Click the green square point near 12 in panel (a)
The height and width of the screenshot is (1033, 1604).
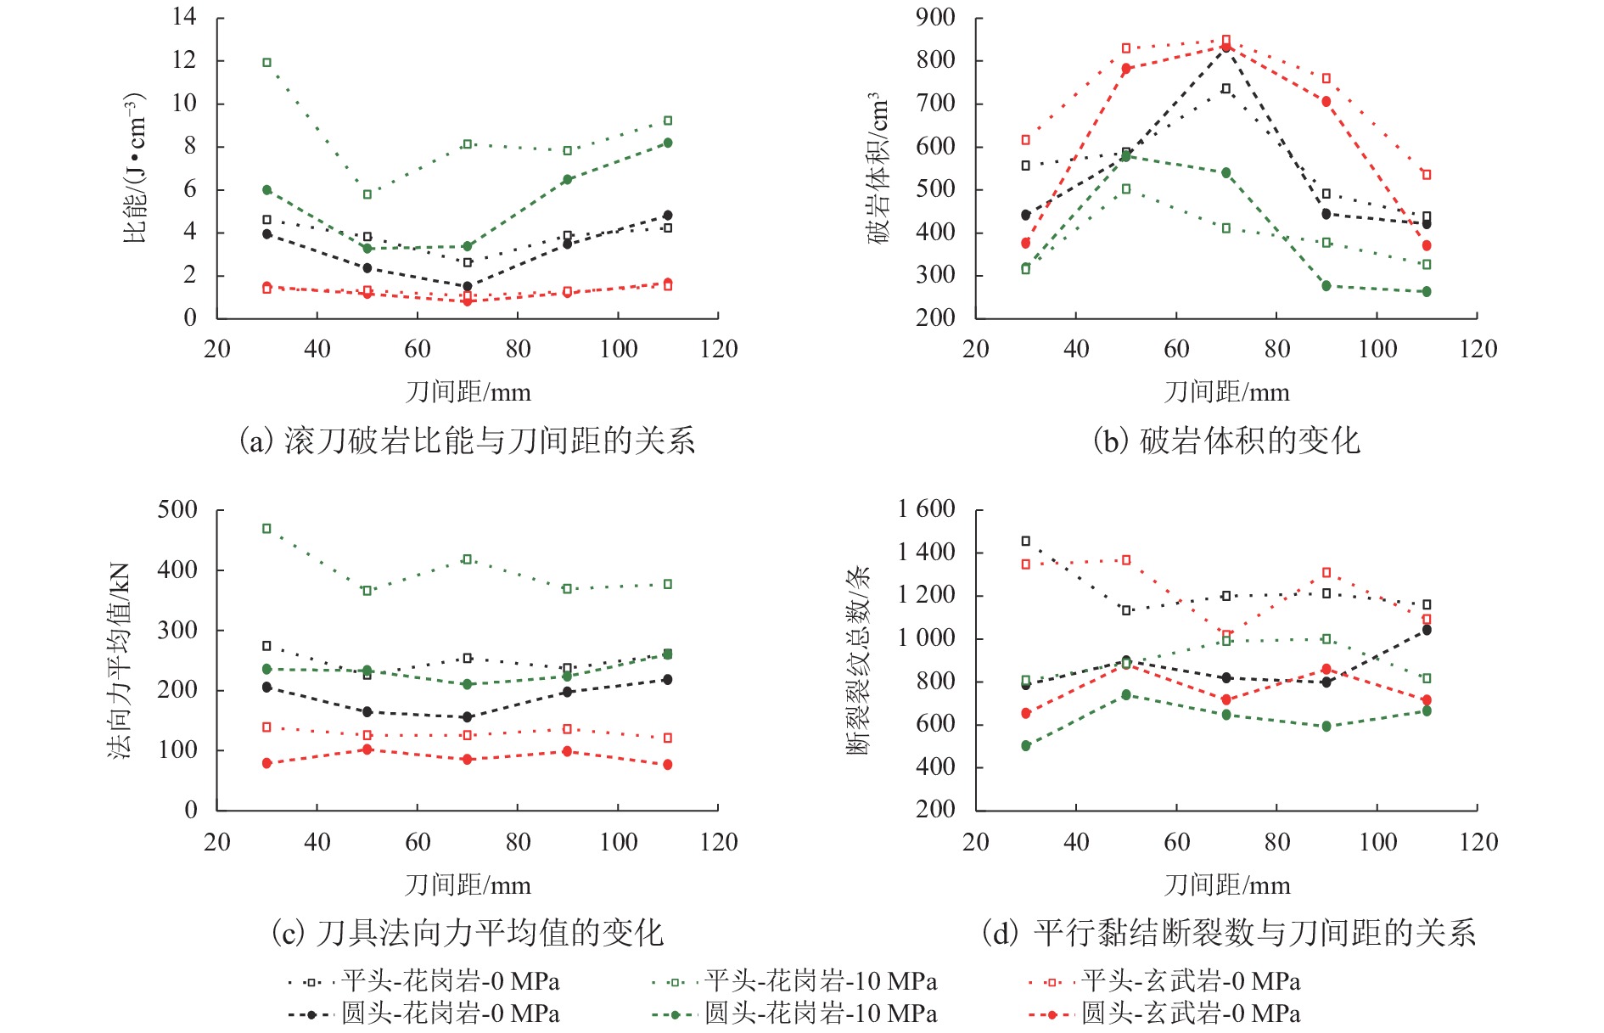coord(267,63)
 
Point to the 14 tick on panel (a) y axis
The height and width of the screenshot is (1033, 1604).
coord(184,17)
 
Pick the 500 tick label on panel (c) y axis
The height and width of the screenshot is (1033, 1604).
coord(177,510)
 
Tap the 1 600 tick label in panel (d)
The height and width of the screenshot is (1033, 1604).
coord(927,509)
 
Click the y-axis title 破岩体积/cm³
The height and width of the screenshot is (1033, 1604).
coord(879,168)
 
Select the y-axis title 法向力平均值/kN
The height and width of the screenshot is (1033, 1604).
coord(120,660)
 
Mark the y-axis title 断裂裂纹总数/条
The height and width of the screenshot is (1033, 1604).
coord(858,660)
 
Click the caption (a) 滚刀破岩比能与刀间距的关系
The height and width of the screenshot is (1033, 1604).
coord(467,441)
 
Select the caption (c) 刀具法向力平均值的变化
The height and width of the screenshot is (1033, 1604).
coord(467,933)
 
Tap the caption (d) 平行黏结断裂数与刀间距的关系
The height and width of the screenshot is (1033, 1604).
coord(1228,933)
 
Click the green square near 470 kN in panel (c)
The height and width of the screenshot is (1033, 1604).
coord(267,529)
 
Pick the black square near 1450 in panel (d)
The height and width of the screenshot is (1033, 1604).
coord(1026,542)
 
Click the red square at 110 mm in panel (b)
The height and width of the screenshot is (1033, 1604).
coord(1427,175)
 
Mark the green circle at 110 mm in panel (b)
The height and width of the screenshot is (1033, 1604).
coord(1427,292)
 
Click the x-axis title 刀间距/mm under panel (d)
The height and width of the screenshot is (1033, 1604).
coord(1226,885)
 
